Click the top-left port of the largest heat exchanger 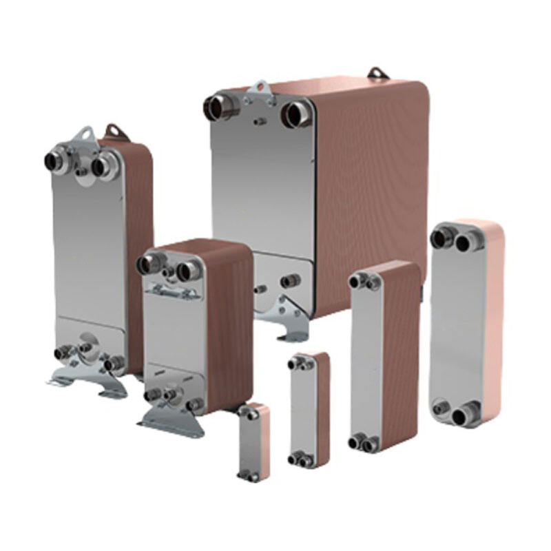coord(219,107)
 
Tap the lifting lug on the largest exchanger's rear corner coord(376,72)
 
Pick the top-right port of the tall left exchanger coord(103,166)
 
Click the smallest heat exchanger coord(253,442)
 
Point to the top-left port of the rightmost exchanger coord(440,238)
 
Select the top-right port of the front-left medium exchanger coord(186,271)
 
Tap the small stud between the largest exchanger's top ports coord(260,121)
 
